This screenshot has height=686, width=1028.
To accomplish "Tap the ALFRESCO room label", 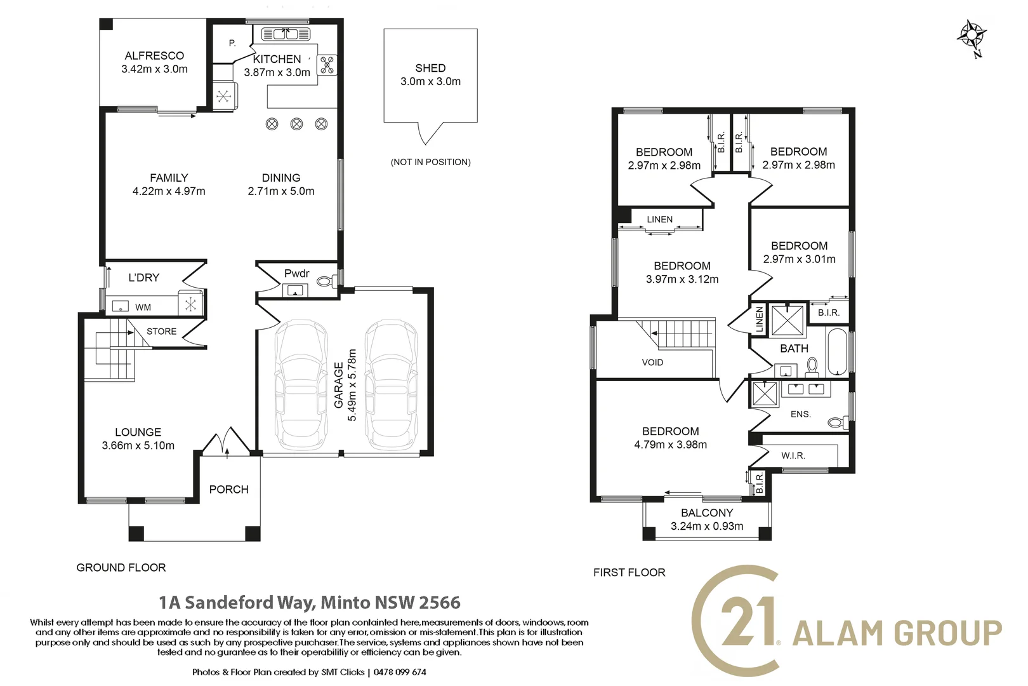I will pos(154,56).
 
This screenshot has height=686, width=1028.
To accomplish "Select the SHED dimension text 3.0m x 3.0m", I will pos(430,81).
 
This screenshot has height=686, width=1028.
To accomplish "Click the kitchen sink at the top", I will pos(286,34).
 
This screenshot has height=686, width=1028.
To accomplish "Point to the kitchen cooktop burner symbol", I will pos(327,65).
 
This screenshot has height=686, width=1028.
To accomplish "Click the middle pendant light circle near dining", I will pos(296,124).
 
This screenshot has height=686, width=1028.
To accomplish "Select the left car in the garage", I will pos(300,384).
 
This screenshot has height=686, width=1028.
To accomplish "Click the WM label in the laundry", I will pos(143,307).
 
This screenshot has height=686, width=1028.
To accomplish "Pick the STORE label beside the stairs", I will pos(161,332).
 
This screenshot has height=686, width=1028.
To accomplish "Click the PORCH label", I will pos(228,490).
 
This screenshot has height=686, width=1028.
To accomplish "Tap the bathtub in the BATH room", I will pos(837,351).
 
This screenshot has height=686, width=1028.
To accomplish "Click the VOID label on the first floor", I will pos(652,363).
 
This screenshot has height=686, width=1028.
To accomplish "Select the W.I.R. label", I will pos(793,455).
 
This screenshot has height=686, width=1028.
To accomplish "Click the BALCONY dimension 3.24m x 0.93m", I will pos(707,526).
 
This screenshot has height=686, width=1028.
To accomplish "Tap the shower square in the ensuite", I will pos(764,394).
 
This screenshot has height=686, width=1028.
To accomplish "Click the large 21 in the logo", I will pos(749,621).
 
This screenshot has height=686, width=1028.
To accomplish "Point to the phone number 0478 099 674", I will pos(400,672).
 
